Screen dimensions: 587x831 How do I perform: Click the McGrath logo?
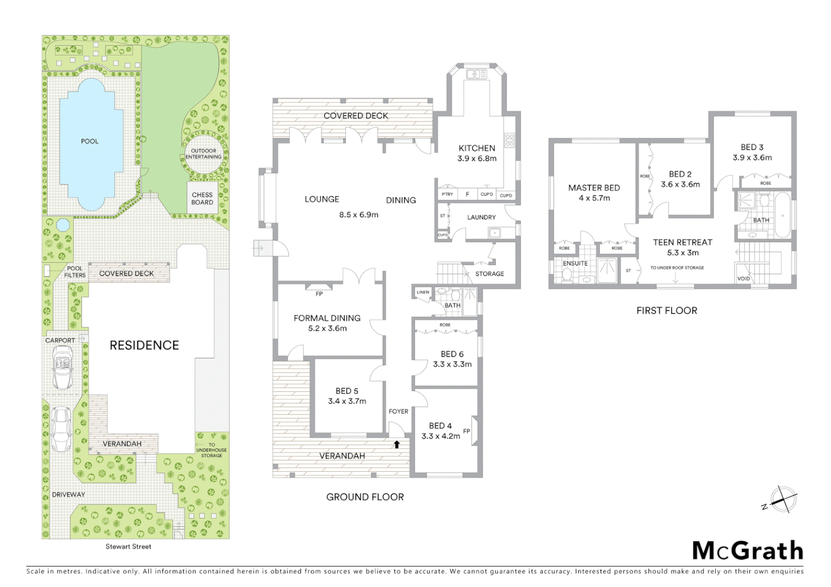tap(747, 551)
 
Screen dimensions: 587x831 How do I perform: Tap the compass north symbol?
tap(782, 499)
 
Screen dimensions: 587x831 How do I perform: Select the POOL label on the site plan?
tap(90, 141)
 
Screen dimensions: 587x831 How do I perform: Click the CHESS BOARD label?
tap(202, 198)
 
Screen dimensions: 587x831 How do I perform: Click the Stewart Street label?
tap(128, 546)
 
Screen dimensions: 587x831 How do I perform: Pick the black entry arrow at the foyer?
tap(397, 445)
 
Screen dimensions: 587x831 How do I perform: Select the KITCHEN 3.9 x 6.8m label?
tap(477, 153)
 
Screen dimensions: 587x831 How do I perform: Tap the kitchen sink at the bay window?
tap(477, 74)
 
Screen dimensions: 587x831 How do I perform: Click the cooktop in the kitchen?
tap(510, 140)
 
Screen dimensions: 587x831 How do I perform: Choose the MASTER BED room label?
tap(594, 188)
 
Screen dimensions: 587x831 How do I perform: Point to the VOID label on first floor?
tap(743, 278)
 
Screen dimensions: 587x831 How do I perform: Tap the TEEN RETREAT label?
tap(683, 242)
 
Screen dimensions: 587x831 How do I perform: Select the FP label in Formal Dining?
tap(319, 293)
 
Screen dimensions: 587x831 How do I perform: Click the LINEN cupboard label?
tap(423, 292)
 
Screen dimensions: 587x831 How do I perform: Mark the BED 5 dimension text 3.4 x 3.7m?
tap(347, 401)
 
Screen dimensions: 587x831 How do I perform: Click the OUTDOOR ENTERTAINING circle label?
tap(203, 154)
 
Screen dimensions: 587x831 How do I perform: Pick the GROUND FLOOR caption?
tap(365, 497)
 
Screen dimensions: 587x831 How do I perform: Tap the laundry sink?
tap(495, 233)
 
